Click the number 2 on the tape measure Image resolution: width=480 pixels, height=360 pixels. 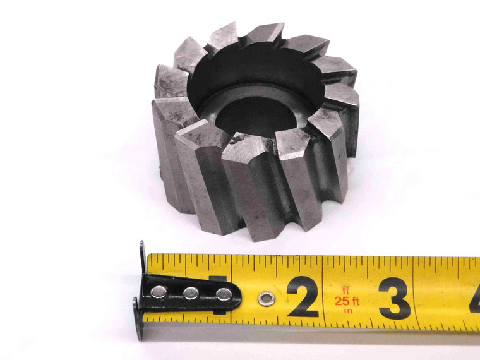click(x=303, y=297)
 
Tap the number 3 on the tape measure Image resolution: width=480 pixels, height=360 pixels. click(x=395, y=297)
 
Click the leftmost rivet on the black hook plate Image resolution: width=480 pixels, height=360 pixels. click(x=160, y=292)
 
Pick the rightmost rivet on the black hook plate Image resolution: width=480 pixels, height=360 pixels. click(x=223, y=294)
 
